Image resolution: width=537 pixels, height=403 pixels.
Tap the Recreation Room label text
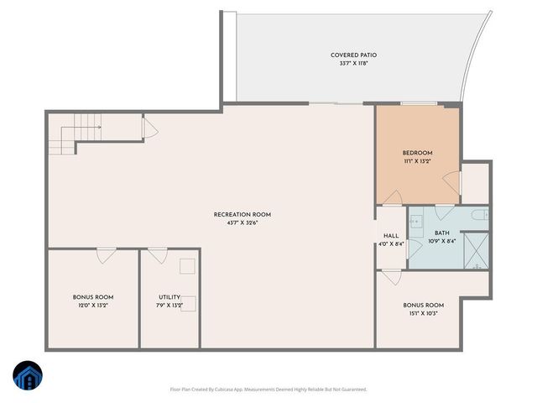[242, 218]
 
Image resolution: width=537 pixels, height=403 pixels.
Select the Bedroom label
[418, 156]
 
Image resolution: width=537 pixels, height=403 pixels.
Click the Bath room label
[442, 237]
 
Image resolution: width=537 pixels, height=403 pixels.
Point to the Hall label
[391, 239]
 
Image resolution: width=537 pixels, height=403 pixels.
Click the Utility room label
[169, 301]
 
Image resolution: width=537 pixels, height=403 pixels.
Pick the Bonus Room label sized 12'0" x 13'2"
[92, 301]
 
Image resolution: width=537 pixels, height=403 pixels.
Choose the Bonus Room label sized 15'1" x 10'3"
[423, 309]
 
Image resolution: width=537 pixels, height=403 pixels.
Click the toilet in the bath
[479, 217]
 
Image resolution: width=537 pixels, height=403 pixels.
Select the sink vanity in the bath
[417, 222]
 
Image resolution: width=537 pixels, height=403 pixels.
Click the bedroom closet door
[452, 181]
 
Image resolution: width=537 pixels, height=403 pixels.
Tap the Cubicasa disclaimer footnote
[268, 389]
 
